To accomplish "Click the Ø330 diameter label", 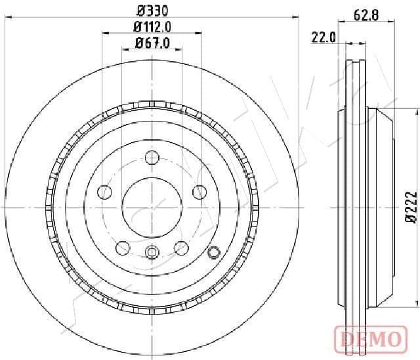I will (152, 10).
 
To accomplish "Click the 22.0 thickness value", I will (324, 38).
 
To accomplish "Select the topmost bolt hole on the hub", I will (152, 157).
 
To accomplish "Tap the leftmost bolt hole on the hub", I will (104, 192).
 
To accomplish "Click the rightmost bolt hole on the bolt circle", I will (199, 192).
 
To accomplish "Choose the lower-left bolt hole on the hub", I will (122, 248).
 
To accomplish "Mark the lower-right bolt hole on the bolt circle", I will (182, 248).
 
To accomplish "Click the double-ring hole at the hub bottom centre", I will (152, 251).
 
